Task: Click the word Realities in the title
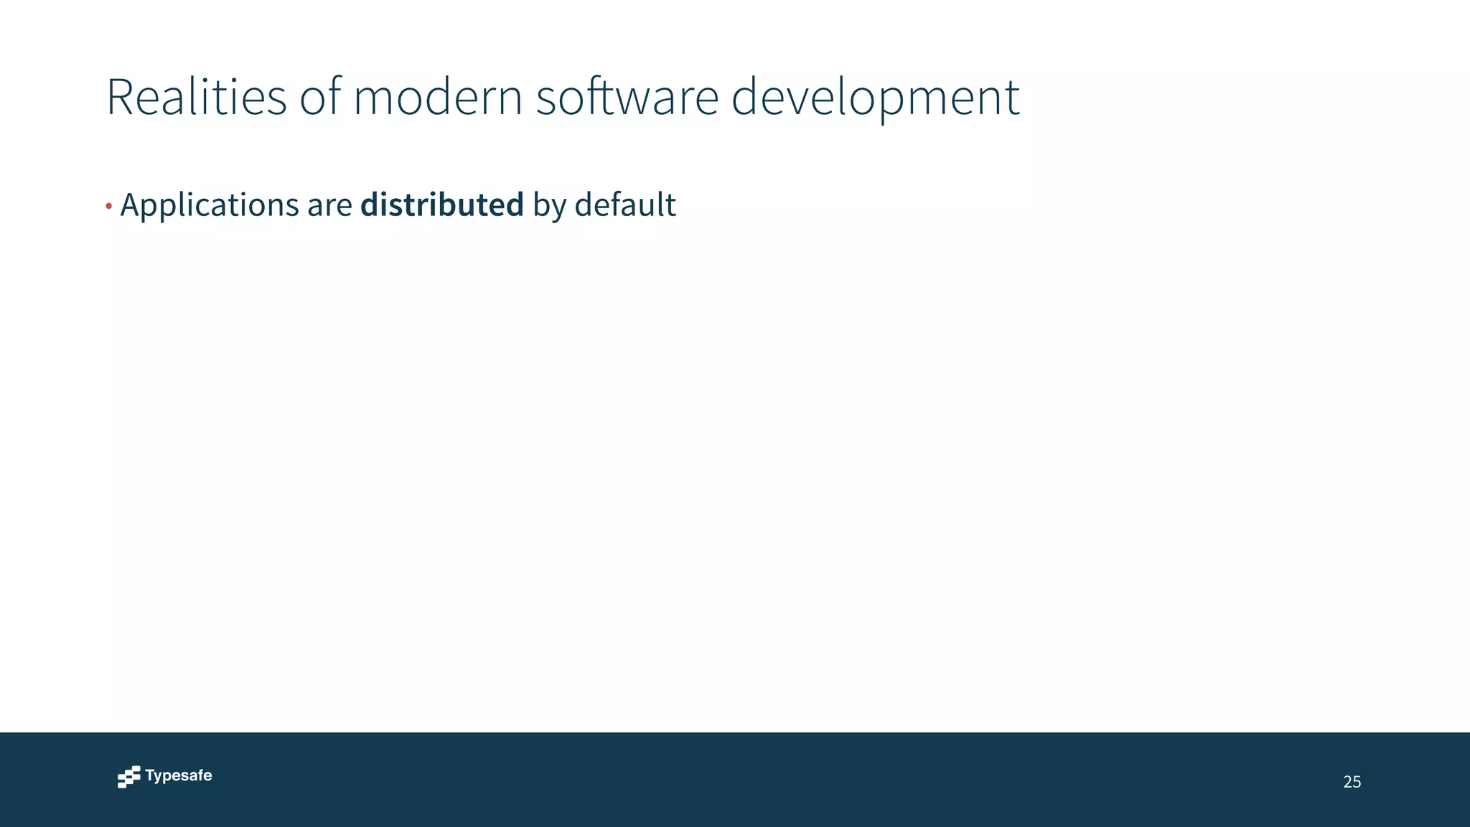click(196, 97)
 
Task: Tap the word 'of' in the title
click(319, 97)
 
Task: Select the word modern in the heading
click(438, 97)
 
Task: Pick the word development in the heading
click(875, 98)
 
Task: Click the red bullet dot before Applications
click(108, 207)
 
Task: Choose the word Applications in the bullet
click(210, 205)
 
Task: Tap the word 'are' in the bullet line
click(329, 206)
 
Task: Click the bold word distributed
click(442, 205)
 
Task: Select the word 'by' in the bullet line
click(549, 206)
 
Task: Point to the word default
click(625, 205)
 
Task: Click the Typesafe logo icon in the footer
click(129, 777)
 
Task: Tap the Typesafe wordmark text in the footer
click(179, 775)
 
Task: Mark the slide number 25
click(1352, 782)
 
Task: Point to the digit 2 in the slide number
click(1347, 782)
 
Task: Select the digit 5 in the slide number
click(1357, 782)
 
